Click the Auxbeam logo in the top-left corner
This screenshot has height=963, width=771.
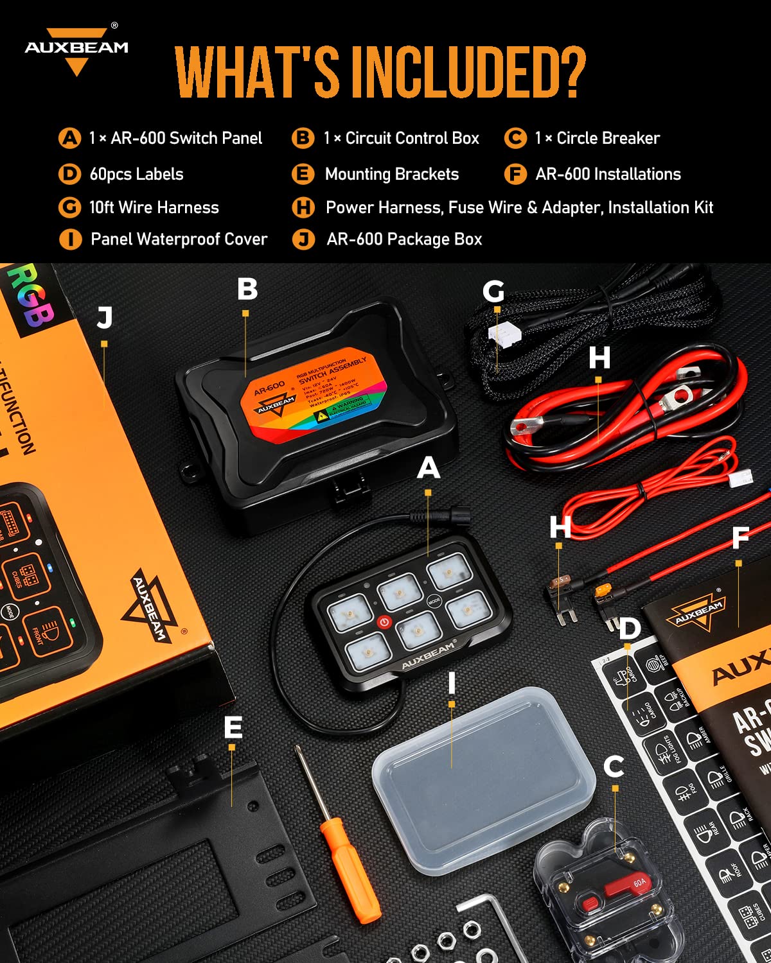click(x=76, y=50)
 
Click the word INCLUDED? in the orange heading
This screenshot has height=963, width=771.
click(x=468, y=72)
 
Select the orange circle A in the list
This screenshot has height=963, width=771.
click(x=69, y=138)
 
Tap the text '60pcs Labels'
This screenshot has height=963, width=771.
click(x=136, y=174)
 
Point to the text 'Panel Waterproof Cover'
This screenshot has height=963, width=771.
click(x=179, y=239)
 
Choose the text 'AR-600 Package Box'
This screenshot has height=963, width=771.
click(x=404, y=239)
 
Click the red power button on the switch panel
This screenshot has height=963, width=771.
click(x=384, y=621)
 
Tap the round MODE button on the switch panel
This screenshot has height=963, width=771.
click(x=434, y=602)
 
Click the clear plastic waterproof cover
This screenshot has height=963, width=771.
click(x=483, y=777)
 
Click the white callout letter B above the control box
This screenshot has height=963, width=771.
click(x=247, y=290)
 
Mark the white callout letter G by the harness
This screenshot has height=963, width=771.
click(x=493, y=292)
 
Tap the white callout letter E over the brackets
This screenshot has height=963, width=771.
click(x=233, y=727)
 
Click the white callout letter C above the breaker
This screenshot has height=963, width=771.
click(x=614, y=767)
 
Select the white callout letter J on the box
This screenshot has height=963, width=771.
click(x=105, y=318)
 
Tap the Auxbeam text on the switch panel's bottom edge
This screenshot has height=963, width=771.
click(x=428, y=656)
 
